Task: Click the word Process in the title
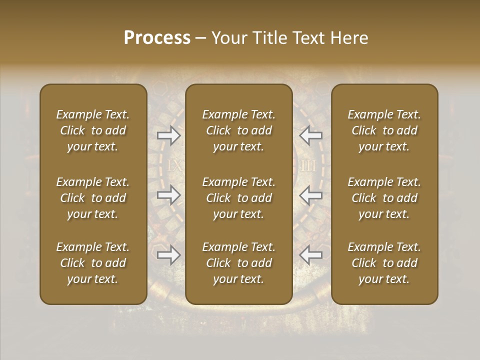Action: pyautogui.click(x=157, y=38)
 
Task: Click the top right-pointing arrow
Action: pyautogui.click(x=168, y=135)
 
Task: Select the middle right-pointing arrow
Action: pyautogui.click(x=168, y=195)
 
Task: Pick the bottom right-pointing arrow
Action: pyautogui.click(x=168, y=255)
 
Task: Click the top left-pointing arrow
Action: pyautogui.click(x=310, y=135)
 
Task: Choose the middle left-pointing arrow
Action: pyautogui.click(x=310, y=195)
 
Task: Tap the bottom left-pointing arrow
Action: pyautogui.click(x=310, y=255)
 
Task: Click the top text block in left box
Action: pyautogui.click(x=93, y=130)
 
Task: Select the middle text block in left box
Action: pyautogui.click(x=93, y=198)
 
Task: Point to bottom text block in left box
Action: pyautogui.click(x=93, y=263)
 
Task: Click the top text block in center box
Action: pyautogui.click(x=238, y=130)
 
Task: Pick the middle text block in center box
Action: pyautogui.click(x=238, y=198)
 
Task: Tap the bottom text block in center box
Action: pyautogui.click(x=238, y=263)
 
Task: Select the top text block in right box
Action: pyautogui.click(x=384, y=130)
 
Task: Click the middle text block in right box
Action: pyautogui.click(x=384, y=198)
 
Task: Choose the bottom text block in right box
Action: pyautogui.click(x=384, y=263)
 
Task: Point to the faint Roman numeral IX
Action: pyautogui.click(x=174, y=166)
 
